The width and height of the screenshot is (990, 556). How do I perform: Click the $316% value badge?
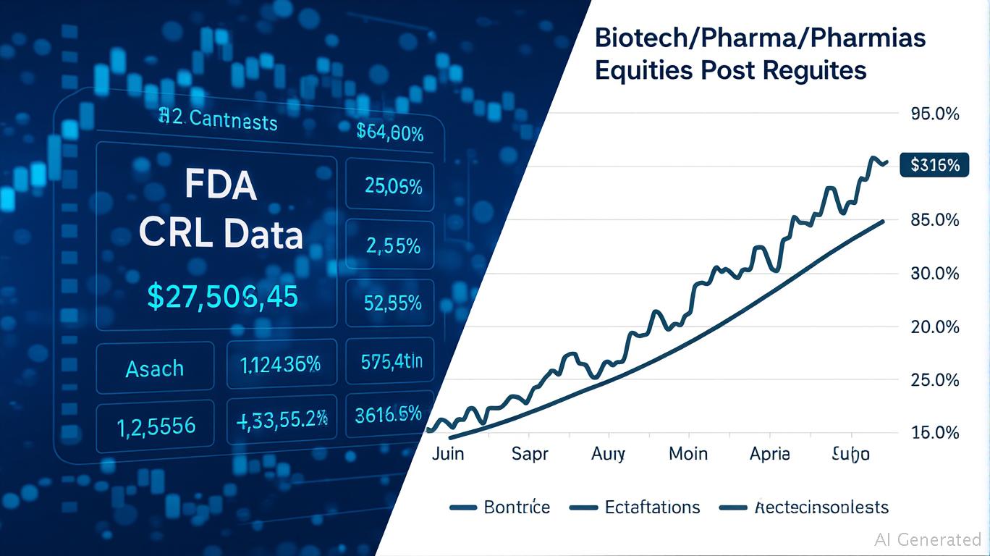[x=934, y=165]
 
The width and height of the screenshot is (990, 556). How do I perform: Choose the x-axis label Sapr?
[x=530, y=454]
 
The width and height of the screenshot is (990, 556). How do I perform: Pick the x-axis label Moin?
[x=687, y=454]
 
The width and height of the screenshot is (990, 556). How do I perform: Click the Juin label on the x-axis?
[x=448, y=454]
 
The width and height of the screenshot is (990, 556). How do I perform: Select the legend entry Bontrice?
[x=517, y=507]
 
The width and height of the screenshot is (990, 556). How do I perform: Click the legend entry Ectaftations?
[x=652, y=507]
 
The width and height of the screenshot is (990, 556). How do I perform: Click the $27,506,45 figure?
[x=222, y=297]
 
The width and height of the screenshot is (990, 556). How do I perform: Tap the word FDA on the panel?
[x=220, y=186]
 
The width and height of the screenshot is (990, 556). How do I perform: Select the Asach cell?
[x=155, y=368]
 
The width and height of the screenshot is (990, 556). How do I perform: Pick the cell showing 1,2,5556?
[x=156, y=426]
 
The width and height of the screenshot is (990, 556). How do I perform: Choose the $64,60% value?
[x=390, y=132]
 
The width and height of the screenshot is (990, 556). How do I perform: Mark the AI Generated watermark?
[x=928, y=539]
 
